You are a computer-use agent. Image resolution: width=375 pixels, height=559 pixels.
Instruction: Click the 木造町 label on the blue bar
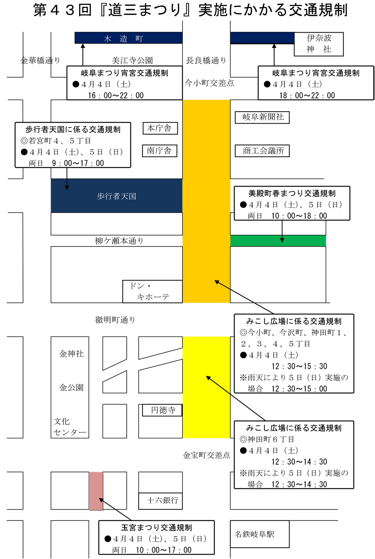[x=123, y=39]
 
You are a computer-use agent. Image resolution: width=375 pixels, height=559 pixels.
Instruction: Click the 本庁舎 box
[x=160, y=128]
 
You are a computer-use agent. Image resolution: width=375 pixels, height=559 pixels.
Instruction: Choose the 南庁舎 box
[x=160, y=151]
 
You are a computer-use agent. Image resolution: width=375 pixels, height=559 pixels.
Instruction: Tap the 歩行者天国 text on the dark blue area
[x=116, y=196]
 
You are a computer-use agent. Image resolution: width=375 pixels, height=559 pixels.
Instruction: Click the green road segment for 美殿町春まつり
[x=278, y=241]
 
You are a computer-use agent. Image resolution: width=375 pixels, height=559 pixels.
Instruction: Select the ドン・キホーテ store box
[x=152, y=291]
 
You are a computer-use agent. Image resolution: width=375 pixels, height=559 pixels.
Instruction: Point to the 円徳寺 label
[x=162, y=410]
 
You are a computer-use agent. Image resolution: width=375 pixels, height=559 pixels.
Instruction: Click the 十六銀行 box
[x=160, y=501]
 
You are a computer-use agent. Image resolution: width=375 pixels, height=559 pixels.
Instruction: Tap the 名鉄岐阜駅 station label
[x=254, y=534]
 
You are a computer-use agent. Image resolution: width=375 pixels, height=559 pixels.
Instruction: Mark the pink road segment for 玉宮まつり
[x=96, y=491]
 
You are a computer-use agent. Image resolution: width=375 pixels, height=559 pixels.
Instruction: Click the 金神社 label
[x=72, y=354]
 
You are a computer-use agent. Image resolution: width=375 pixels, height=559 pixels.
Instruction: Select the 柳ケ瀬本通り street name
[x=119, y=241]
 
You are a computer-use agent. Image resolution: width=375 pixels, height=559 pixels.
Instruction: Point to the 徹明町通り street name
[x=115, y=320]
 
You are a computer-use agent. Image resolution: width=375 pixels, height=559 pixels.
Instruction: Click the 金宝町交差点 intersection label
[x=206, y=455]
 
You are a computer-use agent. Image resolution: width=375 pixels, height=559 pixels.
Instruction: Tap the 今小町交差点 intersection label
[x=209, y=83]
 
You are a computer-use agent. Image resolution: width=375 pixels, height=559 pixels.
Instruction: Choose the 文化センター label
[x=69, y=427]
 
